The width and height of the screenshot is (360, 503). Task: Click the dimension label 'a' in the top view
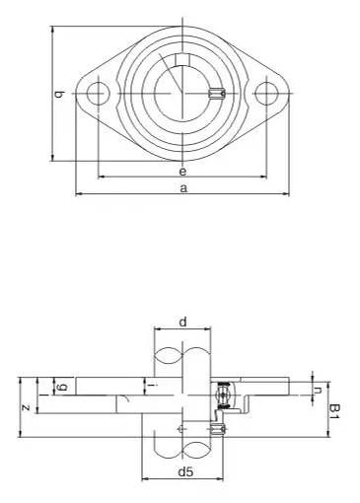(x=183, y=188)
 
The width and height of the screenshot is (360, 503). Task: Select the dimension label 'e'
(x=182, y=171)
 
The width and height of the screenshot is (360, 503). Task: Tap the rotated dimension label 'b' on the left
(x=59, y=95)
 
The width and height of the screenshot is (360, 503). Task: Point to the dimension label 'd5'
(x=185, y=472)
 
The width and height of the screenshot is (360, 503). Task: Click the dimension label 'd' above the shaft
(x=182, y=322)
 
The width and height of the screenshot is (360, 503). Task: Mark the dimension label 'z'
(x=26, y=408)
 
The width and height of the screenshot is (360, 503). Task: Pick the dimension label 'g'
(x=62, y=387)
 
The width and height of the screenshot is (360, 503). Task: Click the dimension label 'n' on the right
(x=318, y=391)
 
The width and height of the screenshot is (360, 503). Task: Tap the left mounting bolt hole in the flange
(x=99, y=94)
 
